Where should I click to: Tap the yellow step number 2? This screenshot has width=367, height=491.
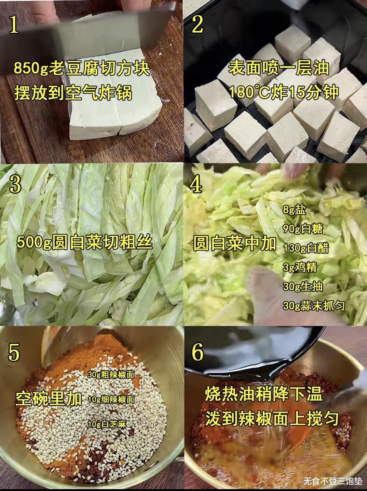(x=197, y=25)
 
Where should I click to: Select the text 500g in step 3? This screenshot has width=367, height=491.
(x=34, y=243)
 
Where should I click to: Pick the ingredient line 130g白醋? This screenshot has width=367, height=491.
(x=306, y=248)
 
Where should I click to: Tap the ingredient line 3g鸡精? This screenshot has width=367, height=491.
(x=300, y=267)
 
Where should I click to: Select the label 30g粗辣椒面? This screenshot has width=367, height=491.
(x=111, y=375)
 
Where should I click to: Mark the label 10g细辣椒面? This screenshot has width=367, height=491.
(x=111, y=400)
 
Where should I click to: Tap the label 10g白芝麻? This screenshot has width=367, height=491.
(x=107, y=425)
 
